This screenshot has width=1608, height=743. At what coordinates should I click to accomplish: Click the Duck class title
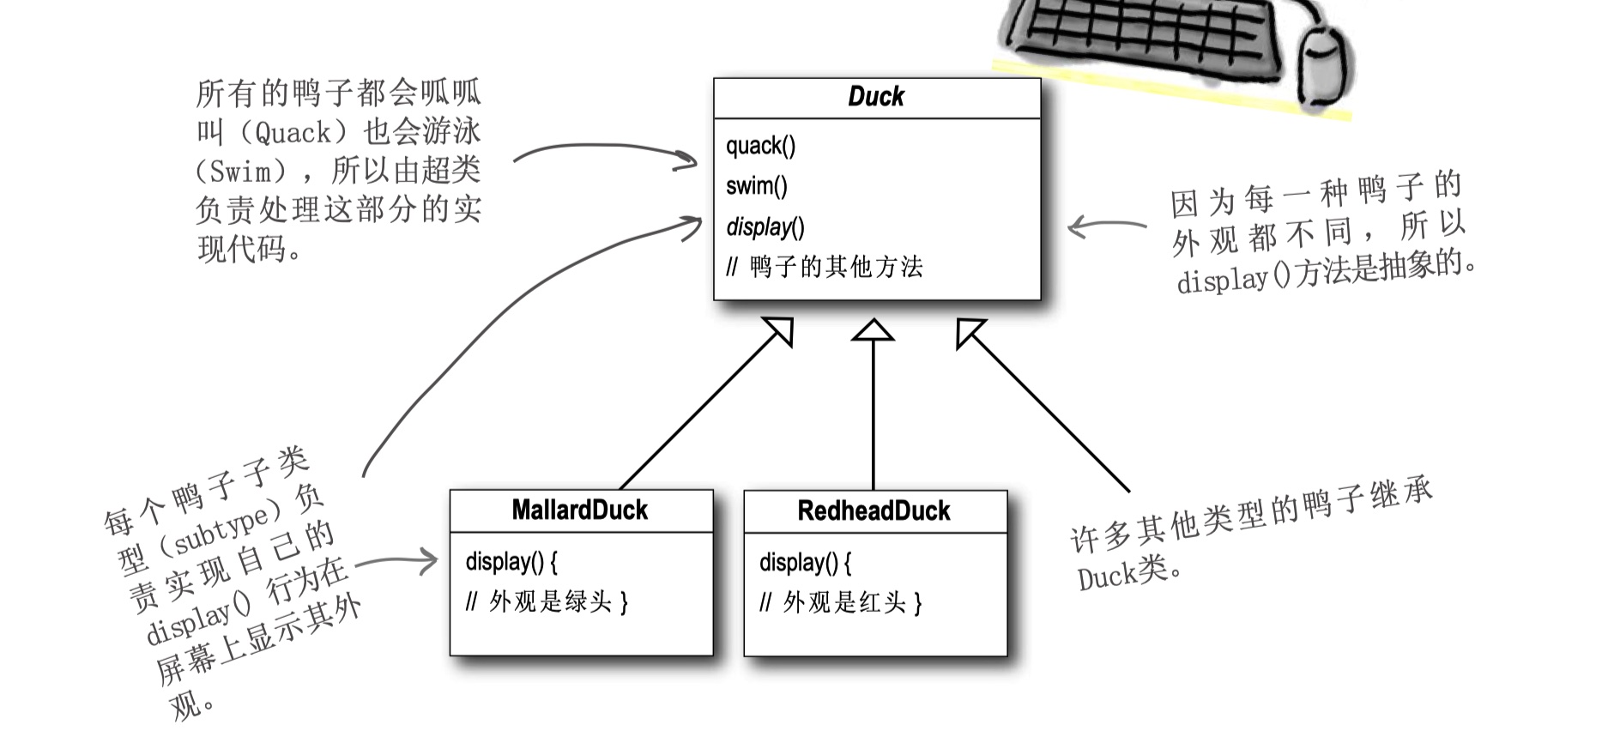coord(876,96)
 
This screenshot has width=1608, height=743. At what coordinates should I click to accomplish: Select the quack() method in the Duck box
coord(760,146)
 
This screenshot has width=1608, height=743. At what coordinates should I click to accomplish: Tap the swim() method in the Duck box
coord(756,185)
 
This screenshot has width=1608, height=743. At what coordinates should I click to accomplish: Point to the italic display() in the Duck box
coord(765,227)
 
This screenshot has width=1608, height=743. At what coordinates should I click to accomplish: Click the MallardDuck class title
coord(580,510)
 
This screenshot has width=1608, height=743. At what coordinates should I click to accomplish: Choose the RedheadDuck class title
coord(874,510)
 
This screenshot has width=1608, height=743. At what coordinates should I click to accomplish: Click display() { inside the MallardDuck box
coord(511,562)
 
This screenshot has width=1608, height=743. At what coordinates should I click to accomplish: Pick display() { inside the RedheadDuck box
coord(806,563)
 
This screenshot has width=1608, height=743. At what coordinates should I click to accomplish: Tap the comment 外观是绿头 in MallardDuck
coord(550,601)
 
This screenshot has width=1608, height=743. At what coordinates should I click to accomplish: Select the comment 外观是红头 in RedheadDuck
coord(844,602)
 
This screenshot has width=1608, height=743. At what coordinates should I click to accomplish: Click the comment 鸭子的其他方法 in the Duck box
coord(836,267)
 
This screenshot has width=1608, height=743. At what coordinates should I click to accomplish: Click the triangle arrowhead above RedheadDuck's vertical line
coord(873,329)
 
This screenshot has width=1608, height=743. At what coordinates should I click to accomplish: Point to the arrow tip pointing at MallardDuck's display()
coord(435,563)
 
